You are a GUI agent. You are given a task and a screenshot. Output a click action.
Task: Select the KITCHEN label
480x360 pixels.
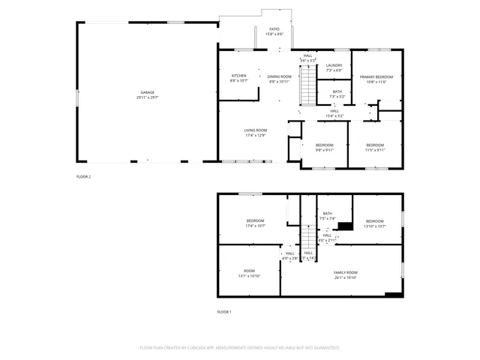point(238,76)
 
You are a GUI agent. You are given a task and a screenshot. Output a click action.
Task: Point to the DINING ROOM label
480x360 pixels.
point(280,76)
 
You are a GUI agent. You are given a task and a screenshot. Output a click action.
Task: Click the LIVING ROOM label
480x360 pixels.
point(255,130)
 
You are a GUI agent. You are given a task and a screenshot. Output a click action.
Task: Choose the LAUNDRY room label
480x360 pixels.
point(334,65)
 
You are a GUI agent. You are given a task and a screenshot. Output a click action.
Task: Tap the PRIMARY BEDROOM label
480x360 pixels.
point(376,76)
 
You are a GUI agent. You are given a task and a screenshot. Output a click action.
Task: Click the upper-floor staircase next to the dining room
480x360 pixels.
point(307,86)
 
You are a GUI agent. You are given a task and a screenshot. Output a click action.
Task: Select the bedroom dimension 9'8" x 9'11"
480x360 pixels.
point(324,149)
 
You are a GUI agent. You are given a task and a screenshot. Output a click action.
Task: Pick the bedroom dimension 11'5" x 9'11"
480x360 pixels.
point(375,149)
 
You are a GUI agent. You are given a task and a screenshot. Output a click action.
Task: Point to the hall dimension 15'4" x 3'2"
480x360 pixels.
point(334,116)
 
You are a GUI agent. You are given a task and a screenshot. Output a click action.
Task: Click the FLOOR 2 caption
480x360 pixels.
point(83,176)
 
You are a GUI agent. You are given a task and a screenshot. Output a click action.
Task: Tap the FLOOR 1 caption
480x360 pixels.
point(224,311)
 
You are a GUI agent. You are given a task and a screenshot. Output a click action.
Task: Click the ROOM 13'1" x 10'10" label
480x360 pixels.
point(249,273)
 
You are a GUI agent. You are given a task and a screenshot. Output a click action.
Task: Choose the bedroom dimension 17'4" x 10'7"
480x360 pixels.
point(255,225)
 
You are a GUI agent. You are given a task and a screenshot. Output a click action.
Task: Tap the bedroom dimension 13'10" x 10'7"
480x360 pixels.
point(374,225)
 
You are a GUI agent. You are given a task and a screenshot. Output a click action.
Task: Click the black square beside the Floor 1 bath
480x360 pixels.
point(345,226)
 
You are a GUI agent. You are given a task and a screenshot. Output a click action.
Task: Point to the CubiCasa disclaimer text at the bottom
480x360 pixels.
point(240,348)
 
